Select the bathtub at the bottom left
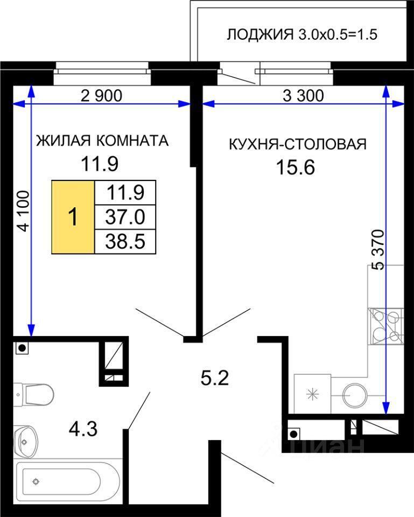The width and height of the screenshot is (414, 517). point(68,483)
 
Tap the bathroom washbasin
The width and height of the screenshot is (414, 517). point(26,442)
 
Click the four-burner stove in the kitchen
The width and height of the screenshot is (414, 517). point(385,326)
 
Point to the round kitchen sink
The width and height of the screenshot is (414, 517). point(354,394)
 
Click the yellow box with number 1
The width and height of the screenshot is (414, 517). point(73,217)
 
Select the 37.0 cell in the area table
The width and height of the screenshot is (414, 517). point(125,217)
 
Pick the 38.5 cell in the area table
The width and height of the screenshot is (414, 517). point(125,242)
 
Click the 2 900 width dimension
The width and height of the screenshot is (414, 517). point(102,96)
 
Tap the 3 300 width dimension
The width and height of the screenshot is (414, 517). point(303,96)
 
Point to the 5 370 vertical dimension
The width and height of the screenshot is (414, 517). point(379,250)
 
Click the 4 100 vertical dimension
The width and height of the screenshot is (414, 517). point(24,211)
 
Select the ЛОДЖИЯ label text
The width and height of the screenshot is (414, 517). point(260,34)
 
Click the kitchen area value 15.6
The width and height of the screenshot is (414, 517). point(296,167)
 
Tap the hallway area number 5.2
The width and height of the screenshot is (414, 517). point(215,378)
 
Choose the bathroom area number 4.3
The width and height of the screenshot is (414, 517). point(83,429)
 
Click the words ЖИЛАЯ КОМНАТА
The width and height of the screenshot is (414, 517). point(102,141)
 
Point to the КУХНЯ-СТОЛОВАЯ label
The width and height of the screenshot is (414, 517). point(298,144)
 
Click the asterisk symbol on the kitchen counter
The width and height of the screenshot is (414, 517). point(312,394)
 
